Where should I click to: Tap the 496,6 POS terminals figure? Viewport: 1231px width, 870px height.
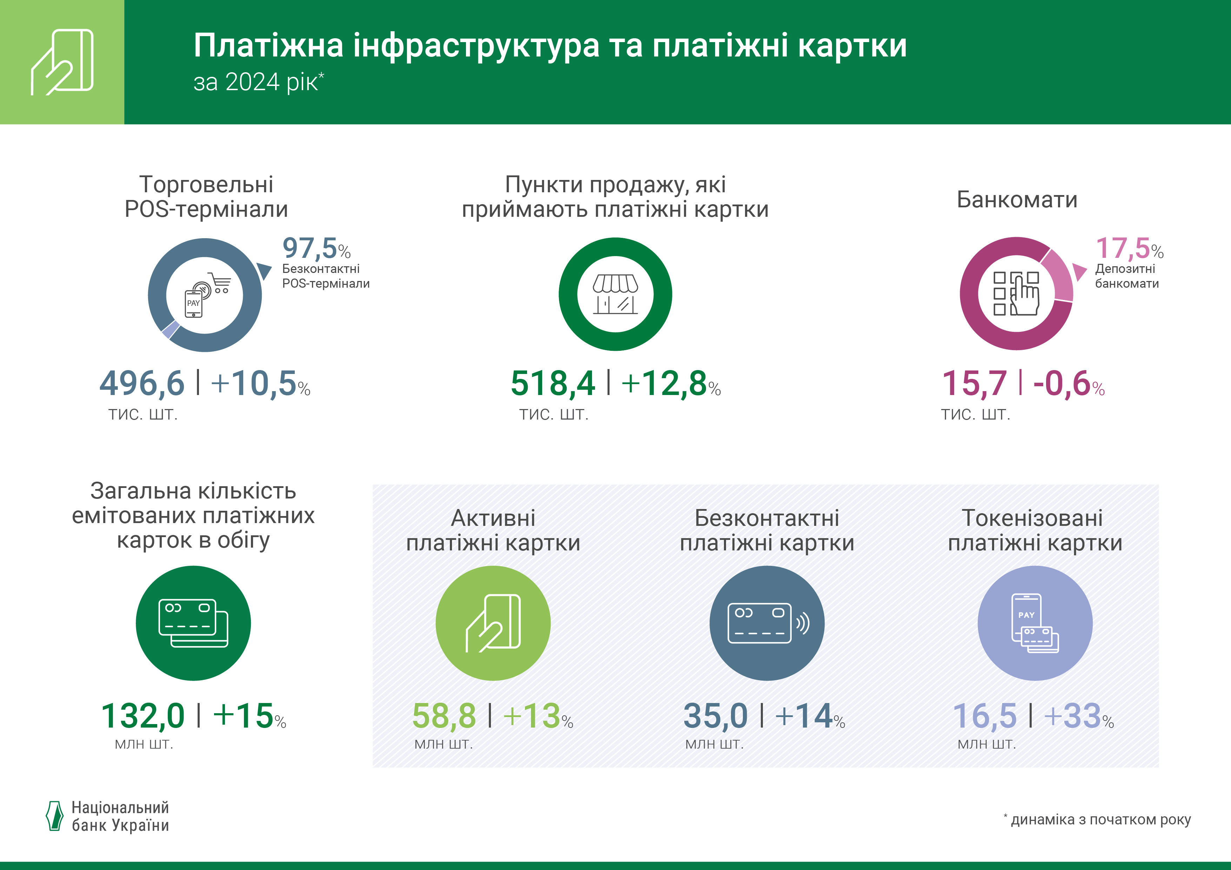pos(142,384)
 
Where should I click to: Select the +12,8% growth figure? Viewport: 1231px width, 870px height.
pos(670,384)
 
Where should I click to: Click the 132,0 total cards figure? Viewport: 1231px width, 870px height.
pos(142,716)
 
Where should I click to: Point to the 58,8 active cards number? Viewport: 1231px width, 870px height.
pos(444,716)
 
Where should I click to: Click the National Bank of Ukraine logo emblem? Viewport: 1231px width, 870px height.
pos(54,816)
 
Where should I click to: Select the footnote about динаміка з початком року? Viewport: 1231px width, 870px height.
pos(1099,819)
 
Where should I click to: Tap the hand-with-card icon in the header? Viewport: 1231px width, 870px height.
pos(62,62)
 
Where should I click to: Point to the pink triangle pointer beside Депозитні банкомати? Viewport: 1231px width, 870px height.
pos(1078,271)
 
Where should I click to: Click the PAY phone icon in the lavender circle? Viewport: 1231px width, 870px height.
pos(1035,623)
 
